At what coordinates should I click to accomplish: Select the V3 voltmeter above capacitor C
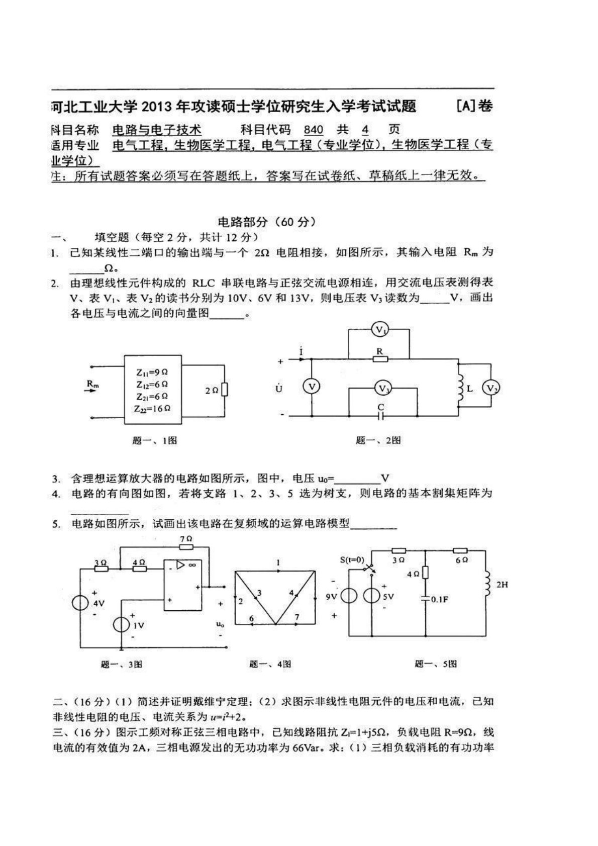[384, 388]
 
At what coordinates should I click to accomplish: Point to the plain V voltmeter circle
[312, 387]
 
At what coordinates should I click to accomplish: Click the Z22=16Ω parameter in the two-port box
[152, 408]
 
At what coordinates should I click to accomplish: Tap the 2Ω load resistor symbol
[225, 390]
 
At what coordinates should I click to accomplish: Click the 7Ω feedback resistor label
[185, 538]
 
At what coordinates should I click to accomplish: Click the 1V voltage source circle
[122, 625]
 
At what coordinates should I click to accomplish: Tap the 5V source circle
[372, 596]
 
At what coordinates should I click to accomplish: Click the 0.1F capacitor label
[439, 600]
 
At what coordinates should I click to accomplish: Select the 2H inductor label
[501, 585]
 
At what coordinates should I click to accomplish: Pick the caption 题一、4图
[270, 664]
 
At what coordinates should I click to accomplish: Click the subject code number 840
[314, 130]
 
